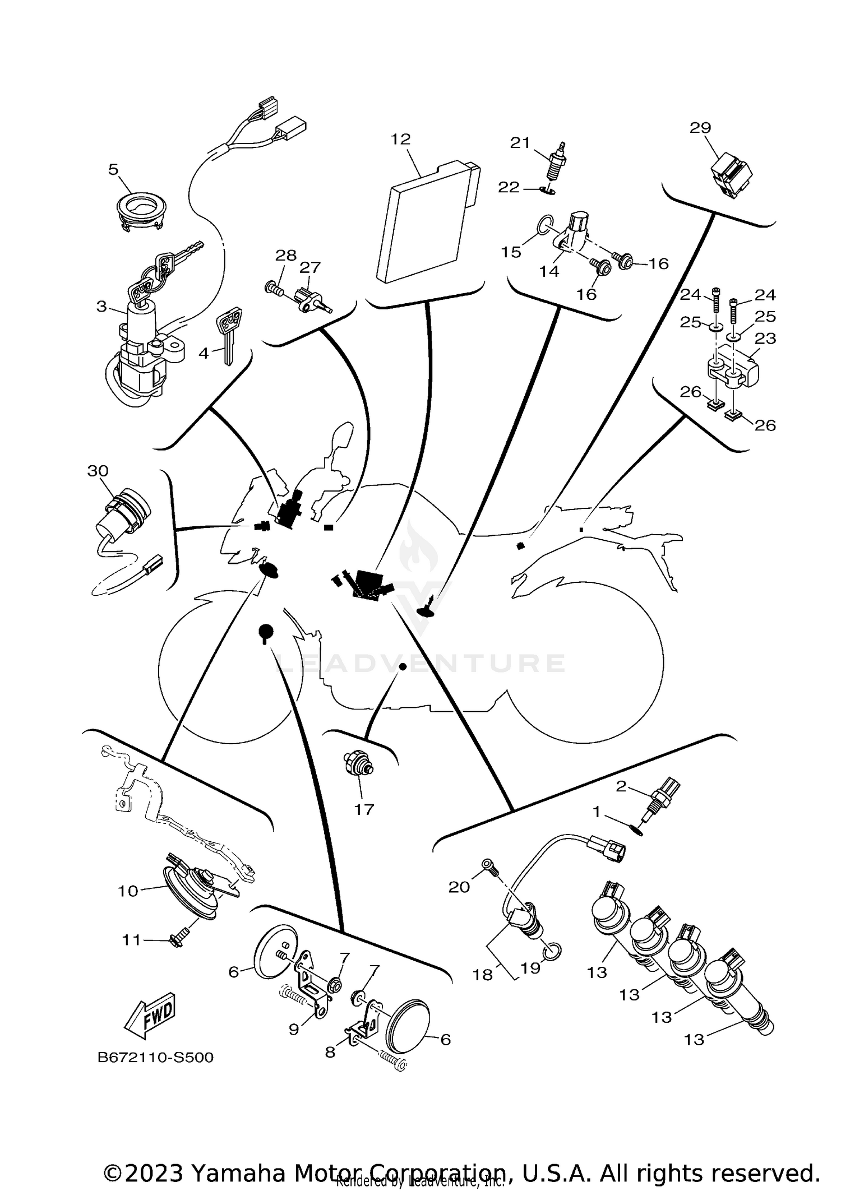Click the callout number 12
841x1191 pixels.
(401, 139)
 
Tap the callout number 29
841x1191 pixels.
(700, 128)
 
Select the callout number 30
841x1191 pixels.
(98, 471)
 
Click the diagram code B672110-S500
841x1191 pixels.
(155, 1058)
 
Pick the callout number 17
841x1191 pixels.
(364, 809)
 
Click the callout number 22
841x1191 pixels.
(509, 187)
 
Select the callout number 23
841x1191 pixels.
(765, 339)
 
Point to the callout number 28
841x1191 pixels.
(286, 256)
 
